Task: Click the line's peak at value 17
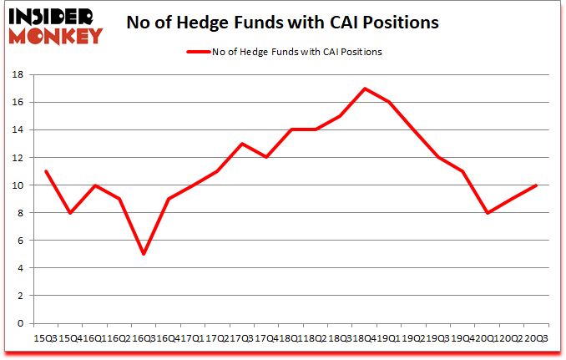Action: point(364,89)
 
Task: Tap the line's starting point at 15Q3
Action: point(47,171)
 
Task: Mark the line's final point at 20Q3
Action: point(534,185)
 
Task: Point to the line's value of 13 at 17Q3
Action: point(242,144)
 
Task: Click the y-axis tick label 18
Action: point(18,75)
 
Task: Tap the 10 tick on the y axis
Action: point(18,185)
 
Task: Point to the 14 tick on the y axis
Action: point(18,130)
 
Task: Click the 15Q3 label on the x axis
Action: point(47,339)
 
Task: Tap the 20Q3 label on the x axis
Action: point(534,339)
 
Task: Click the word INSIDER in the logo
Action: point(51,16)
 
